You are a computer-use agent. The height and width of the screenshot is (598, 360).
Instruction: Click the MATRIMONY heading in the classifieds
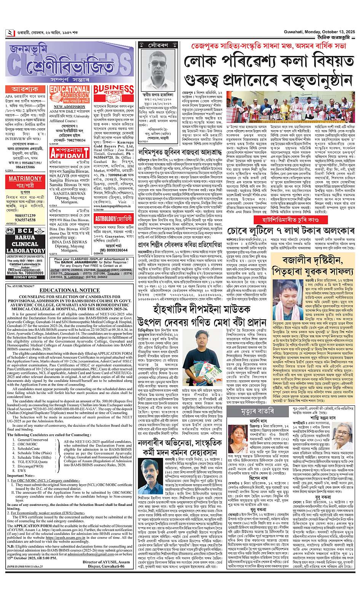coord(25,179)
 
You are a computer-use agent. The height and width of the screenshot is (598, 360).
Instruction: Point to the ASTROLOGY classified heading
coord(111,219)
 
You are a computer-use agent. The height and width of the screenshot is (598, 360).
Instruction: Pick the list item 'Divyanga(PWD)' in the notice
coord(30,466)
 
